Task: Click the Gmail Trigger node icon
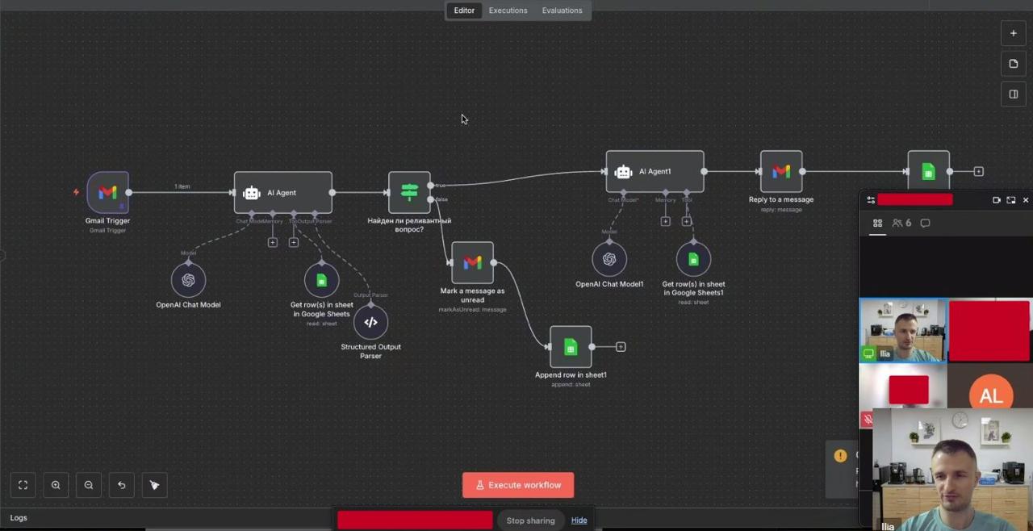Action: (x=107, y=192)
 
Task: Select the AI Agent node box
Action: (x=282, y=193)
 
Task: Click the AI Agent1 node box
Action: (x=655, y=171)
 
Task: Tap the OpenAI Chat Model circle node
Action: (x=188, y=280)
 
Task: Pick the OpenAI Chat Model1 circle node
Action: (x=609, y=259)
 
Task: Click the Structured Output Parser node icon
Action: (x=370, y=322)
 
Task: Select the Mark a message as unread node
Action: (x=472, y=262)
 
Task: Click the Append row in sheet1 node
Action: (x=571, y=347)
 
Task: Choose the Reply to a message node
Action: (x=780, y=171)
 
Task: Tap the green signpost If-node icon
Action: (x=409, y=192)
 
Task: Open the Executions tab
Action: (x=508, y=10)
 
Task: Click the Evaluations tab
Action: (x=562, y=10)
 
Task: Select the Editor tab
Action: (x=464, y=10)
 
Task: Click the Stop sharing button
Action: (x=530, y=521)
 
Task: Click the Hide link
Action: (x=579, y=521)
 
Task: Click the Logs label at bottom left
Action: (x=19, y=518)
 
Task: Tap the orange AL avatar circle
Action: (x=990, y=395)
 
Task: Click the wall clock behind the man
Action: (x=960, y=420)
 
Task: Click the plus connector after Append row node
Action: (x=621, y=347)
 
